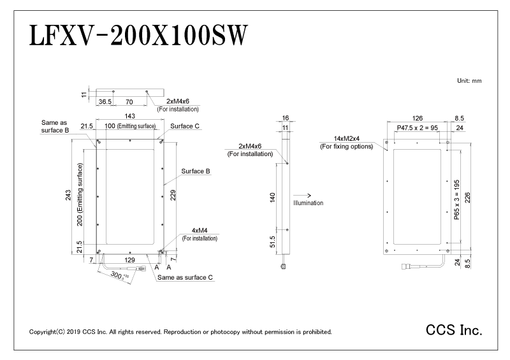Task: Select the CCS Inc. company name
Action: pyautogui.click(x=454, y=331)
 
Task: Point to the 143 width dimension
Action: pyautogui.click(x=129, y=116)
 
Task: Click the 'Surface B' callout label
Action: pyautogui.click(x=196, y=171)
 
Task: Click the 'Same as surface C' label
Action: pyautogui.click(x=185, y=278)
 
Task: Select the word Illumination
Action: pyautogui.click(x=309, y=203)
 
